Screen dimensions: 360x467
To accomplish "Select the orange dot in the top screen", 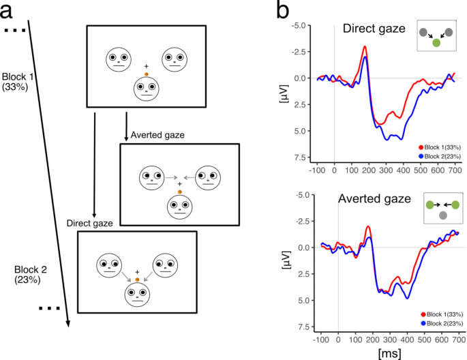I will point(147,72).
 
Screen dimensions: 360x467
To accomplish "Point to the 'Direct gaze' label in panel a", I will point(89,223).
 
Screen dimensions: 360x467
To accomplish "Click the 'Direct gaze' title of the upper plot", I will point(375,29).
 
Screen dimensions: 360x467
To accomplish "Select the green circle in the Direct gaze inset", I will point(436,43).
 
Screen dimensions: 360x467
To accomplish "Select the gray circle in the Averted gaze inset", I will point(443,215).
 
